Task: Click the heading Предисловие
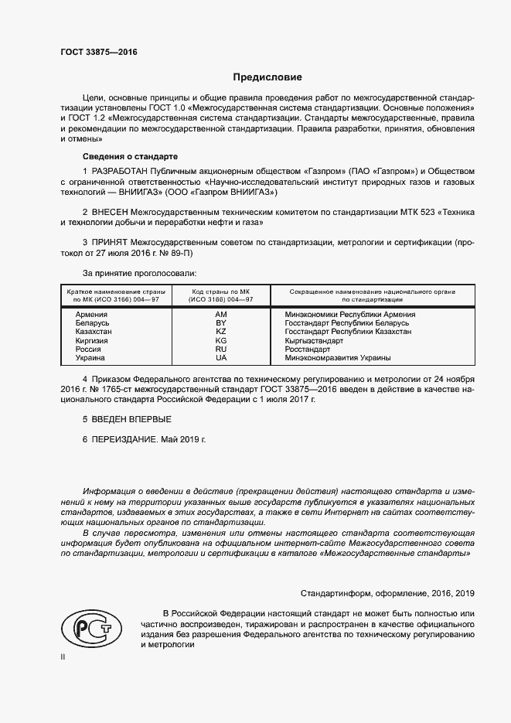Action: pos(268,77)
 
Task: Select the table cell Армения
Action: pos(91,315)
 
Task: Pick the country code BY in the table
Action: pos(220,323)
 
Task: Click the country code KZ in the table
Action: pos(220,332)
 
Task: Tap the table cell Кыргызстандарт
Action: pos(314,340)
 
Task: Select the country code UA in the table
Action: pos(220,358)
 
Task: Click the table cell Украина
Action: pos(90,358)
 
